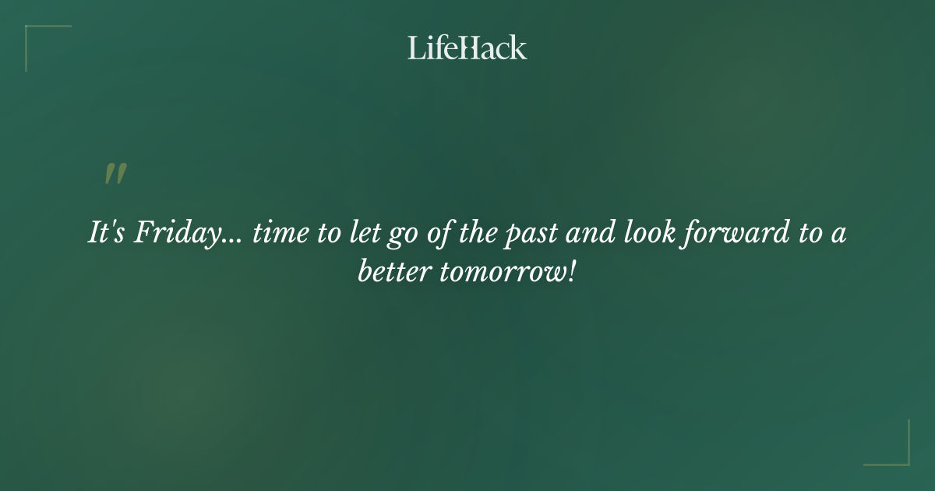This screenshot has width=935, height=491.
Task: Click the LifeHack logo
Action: click(x=467, y=48)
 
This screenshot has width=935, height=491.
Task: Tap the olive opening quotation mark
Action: click(x=115, y=175)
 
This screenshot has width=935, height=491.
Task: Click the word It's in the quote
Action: click(x=106, y=235)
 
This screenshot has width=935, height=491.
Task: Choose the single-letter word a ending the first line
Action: click(x=838, y=236)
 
